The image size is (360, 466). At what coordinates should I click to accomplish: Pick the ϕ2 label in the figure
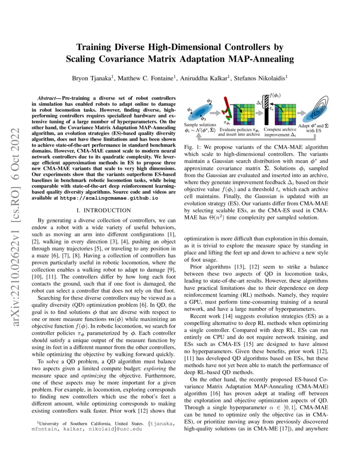[x=210, y=101]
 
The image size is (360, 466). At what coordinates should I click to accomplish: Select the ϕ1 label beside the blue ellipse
[x=190, y=111]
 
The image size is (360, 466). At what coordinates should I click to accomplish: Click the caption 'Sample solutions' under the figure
[x=200, y=125]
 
